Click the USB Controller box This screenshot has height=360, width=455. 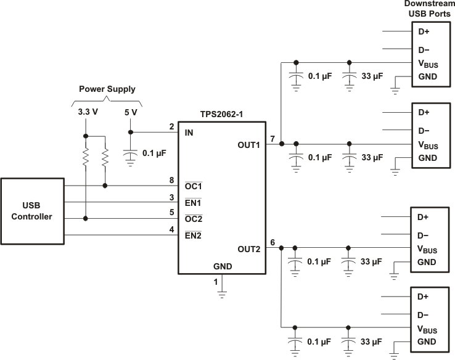click(33, 211)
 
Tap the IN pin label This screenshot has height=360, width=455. click(190, 133)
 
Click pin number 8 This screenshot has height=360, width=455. click(171, 180)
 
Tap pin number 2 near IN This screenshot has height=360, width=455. click(171, 127)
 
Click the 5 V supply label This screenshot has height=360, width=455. click(130, 113)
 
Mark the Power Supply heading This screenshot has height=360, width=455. click(107, 89)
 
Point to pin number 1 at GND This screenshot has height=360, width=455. click(215, 282)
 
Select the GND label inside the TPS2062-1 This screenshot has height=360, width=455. click(223, 267)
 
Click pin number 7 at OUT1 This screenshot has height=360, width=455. click(273, 137)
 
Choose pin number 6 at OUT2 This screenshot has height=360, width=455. click(273, 242)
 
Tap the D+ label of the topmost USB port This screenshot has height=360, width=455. click(424, 31)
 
